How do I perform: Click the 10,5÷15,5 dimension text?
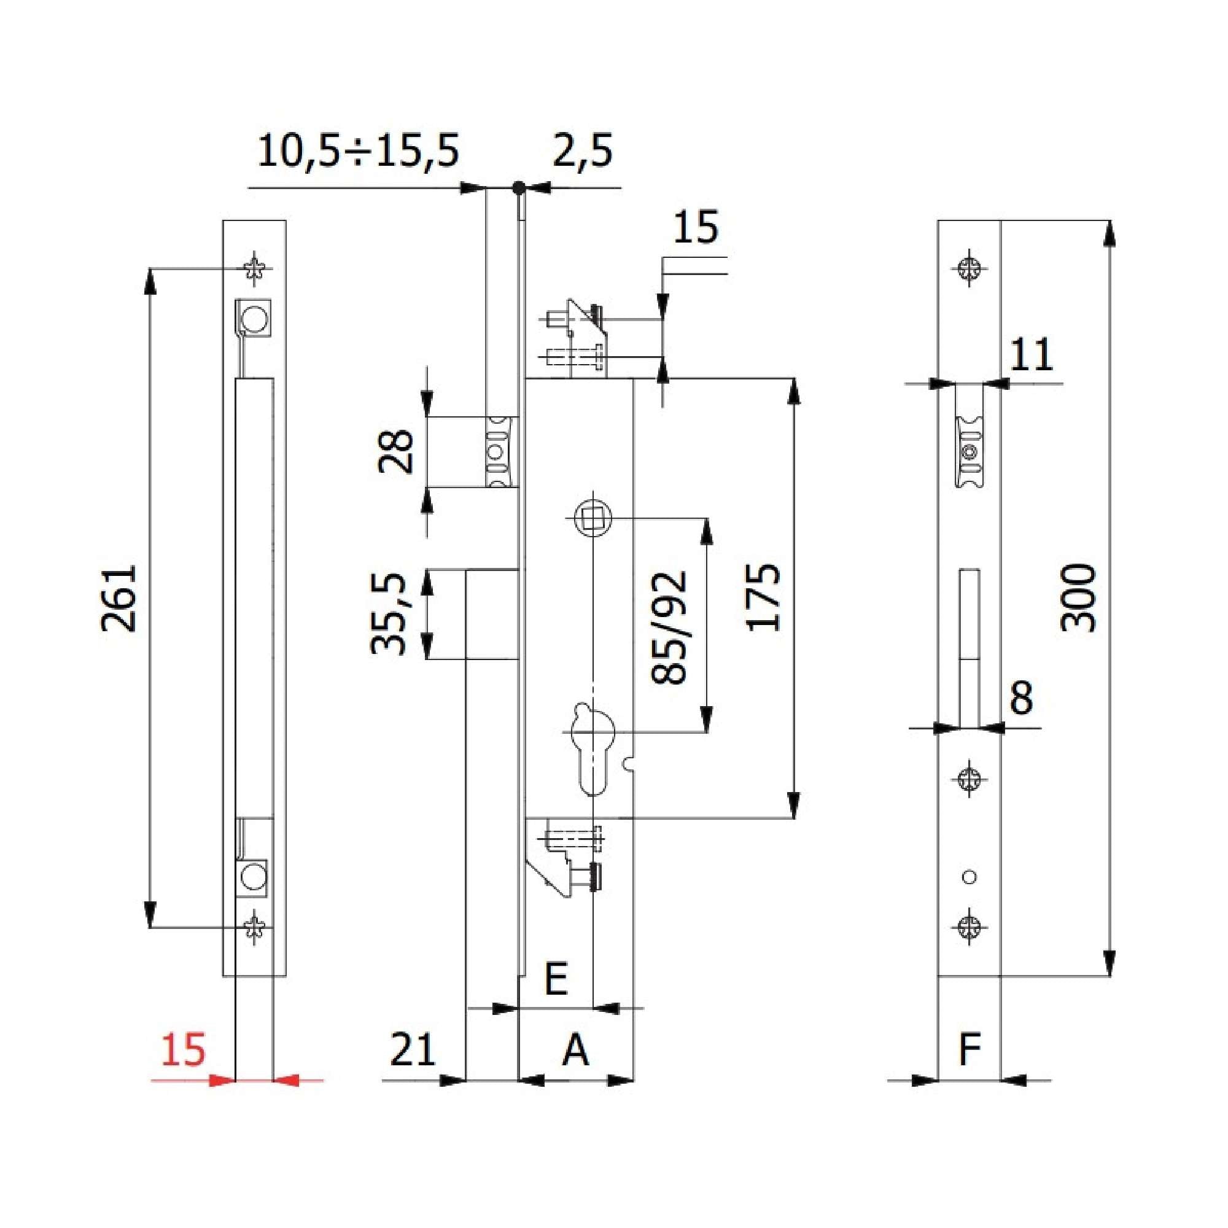tap(358, 151)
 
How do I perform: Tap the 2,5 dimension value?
tap(582, 151)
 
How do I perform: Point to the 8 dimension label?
tap(1021, 698)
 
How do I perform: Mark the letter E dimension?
tap(556, 979)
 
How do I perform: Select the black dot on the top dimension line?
tap(519, 187)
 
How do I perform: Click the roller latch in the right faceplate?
tap(970, 451)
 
